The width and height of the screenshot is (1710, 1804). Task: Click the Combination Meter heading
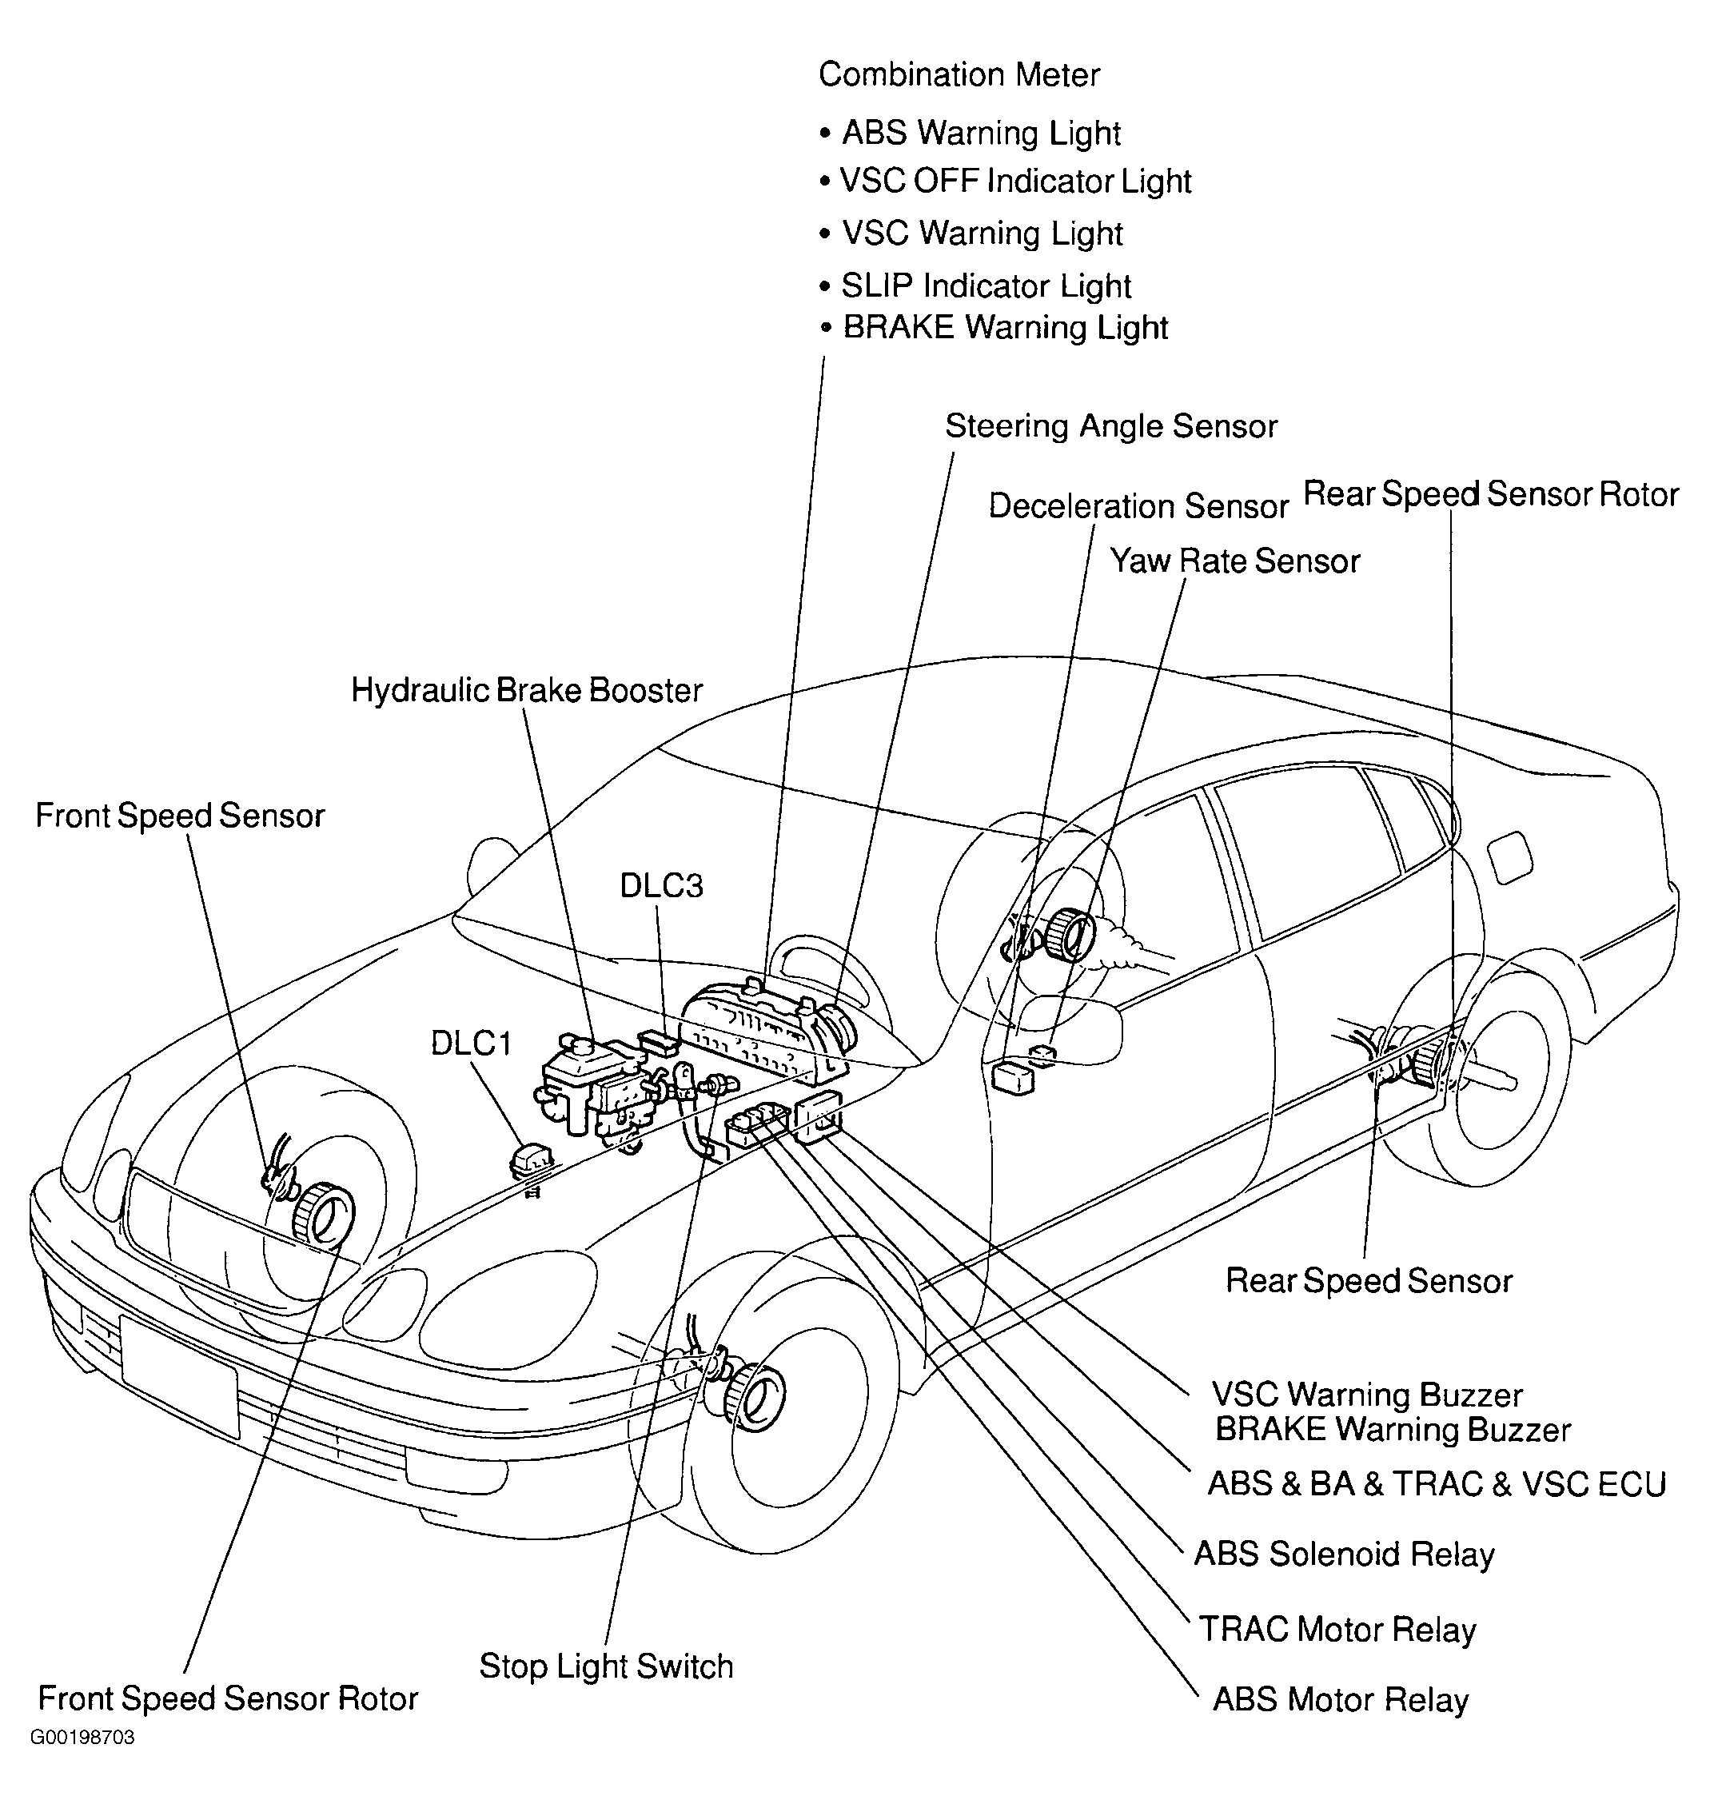(959, 74)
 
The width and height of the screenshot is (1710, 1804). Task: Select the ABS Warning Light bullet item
(981, 133)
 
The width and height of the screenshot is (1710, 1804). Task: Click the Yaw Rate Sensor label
(1234, 561)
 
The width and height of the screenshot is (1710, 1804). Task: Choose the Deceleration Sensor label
(1138, 506)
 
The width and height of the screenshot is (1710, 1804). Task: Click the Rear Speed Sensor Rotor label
(1490, 494)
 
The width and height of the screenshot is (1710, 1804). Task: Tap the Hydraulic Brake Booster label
(527, 690)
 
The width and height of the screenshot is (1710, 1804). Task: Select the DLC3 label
(661, 885)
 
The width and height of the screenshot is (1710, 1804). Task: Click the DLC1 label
(471, 1043)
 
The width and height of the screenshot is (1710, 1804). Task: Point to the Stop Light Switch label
(606, 1666)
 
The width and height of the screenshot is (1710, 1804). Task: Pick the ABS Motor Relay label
(1340, 1700)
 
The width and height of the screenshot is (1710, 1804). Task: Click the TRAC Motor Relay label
(1337, 1629)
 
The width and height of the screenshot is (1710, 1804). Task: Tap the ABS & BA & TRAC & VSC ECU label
(1437, 1484)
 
